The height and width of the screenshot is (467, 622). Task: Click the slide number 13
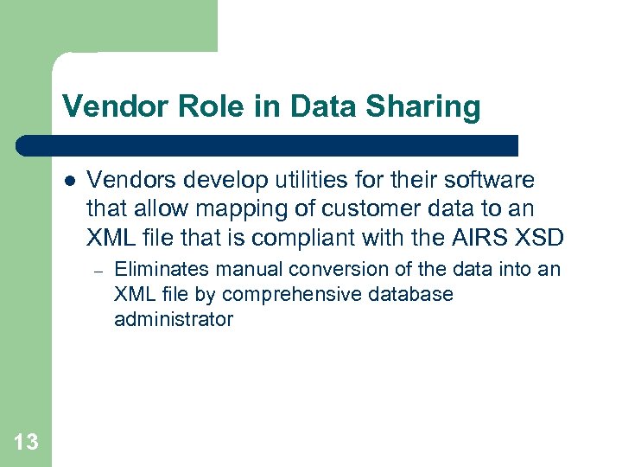pyautogui.click(x=26, y=443)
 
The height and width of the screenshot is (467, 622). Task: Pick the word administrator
pyautogui.click(x=173, y=319)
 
